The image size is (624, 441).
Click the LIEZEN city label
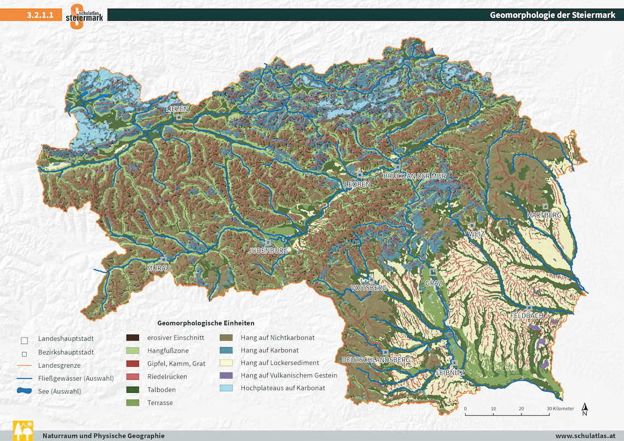[x=177, y=109]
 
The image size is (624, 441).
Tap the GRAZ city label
[x=433, y=283]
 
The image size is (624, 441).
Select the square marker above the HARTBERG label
[x=545, y=207]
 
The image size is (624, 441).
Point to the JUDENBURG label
[x=268, y=251]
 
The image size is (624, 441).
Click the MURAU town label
[x=159, y=268]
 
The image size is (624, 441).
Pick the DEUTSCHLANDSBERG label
[x=376, y=360]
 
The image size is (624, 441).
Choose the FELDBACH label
[x=527, y=316]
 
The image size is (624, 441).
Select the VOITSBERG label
[x=368, y=287]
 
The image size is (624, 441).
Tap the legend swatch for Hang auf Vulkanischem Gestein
[x=227, y=375]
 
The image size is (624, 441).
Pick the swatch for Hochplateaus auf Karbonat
[x=227, y=388]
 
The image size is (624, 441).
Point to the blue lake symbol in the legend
[x=24, y=391]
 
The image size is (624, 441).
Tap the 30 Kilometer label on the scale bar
[x=559, y=409]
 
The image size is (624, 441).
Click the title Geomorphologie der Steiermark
[x=552, y=15]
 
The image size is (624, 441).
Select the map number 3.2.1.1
[x=40, y=15]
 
